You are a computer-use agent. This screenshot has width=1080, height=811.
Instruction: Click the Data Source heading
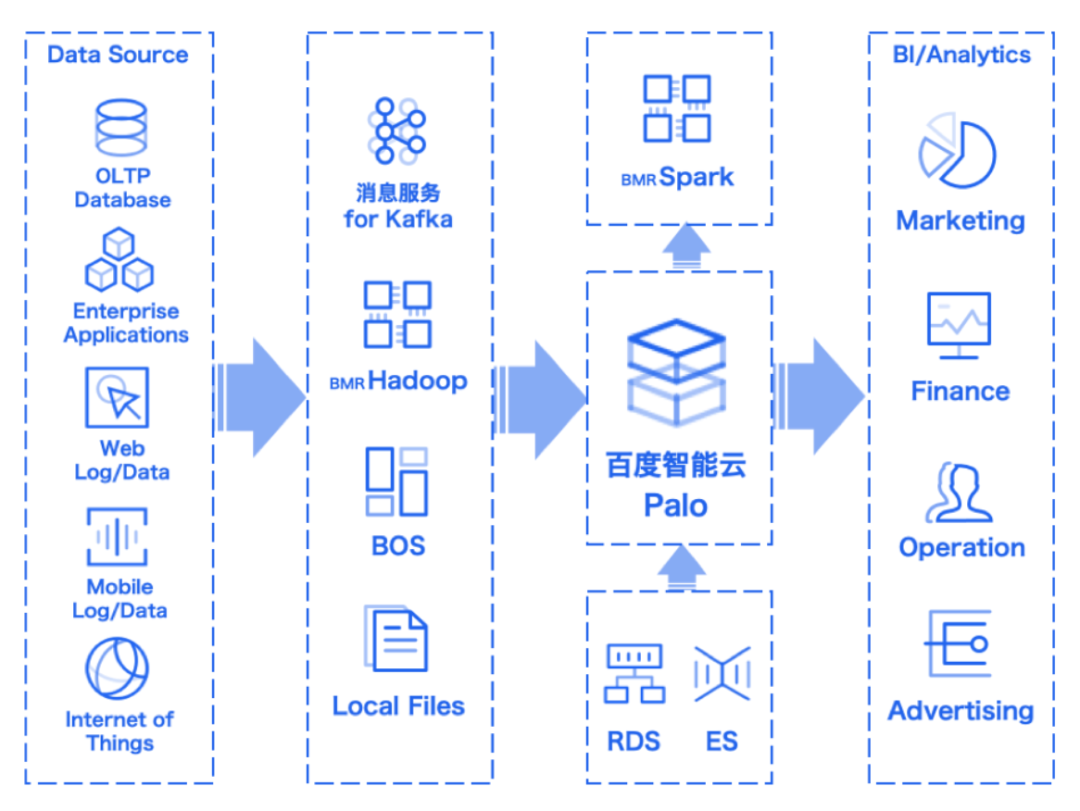pos(118,54)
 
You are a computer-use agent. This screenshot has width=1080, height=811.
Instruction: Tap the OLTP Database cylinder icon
pos(121,128)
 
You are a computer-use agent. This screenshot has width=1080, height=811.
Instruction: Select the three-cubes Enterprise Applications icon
pos(119,260)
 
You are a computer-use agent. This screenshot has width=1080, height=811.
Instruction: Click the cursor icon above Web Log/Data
pos(117,398)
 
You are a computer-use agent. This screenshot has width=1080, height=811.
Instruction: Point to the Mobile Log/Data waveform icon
pos(117,537)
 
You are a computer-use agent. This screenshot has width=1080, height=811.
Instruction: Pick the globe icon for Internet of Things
pos(117,668)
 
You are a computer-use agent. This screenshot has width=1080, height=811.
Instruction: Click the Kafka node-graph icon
pos(397,130)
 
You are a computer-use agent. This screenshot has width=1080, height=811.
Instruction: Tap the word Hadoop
pos(417,380)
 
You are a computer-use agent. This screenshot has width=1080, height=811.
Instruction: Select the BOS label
pos(398,546)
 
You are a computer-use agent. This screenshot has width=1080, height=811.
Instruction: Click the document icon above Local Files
pos(396,639)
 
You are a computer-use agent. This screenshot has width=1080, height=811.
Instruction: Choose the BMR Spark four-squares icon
pos(677,108)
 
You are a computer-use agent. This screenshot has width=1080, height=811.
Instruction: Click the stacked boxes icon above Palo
pos(676,372)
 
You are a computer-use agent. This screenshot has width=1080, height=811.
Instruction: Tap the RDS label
pos(634,741)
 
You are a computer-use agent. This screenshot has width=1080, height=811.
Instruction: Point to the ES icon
pos(722,674)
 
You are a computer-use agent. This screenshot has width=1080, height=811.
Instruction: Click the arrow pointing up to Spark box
pos(687,246)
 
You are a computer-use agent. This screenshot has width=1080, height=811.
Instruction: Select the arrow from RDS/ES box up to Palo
pos(682,567)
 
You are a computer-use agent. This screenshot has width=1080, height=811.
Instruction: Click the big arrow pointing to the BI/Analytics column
pos(820,396)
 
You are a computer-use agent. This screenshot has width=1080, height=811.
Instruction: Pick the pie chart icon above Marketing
pos(958,151)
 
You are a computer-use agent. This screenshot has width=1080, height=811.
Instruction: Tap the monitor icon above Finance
pos(959,325)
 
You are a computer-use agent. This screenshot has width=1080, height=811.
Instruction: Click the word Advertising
pos(961,710)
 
